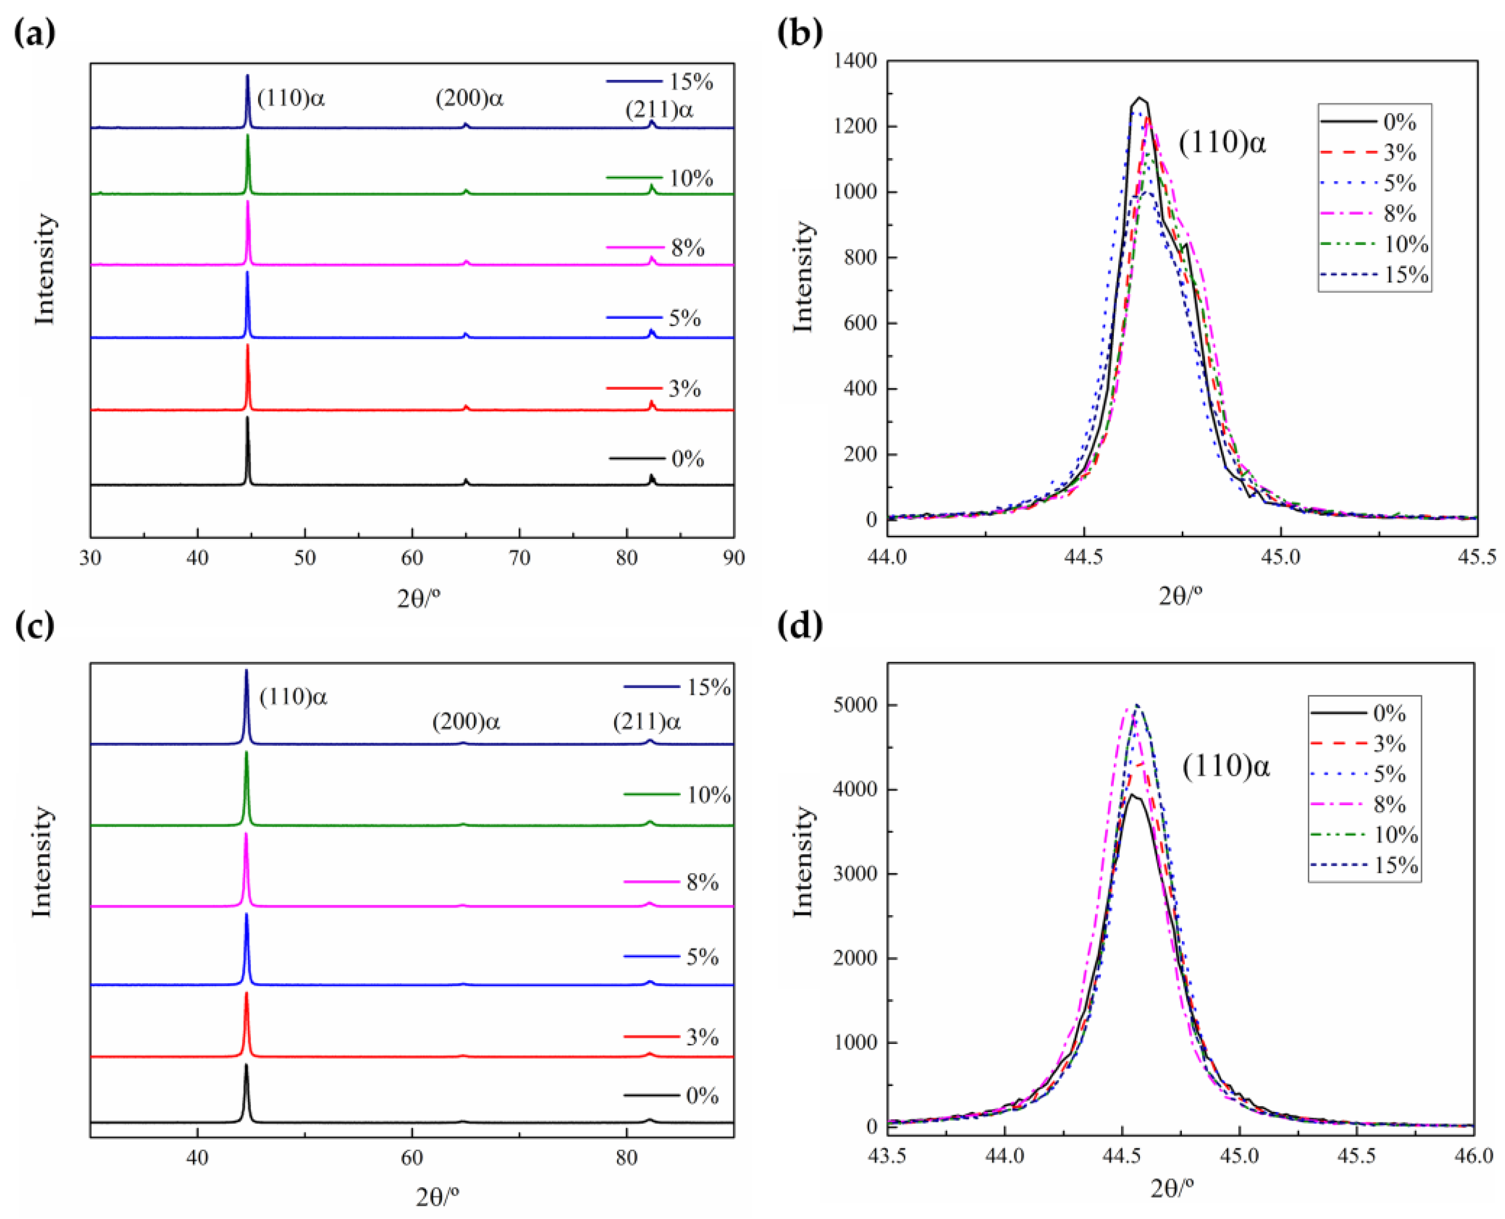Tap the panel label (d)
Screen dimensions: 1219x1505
[800, 625]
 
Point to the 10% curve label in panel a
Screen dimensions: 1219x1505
[690, 178]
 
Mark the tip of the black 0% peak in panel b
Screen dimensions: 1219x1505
[1139, 98]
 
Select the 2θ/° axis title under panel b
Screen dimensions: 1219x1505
[1180, 595]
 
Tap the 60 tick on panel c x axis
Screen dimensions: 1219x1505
[411, 1157]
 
